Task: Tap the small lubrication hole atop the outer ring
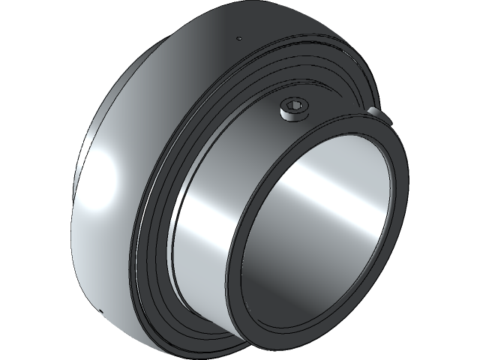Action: [x=238, y=38]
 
